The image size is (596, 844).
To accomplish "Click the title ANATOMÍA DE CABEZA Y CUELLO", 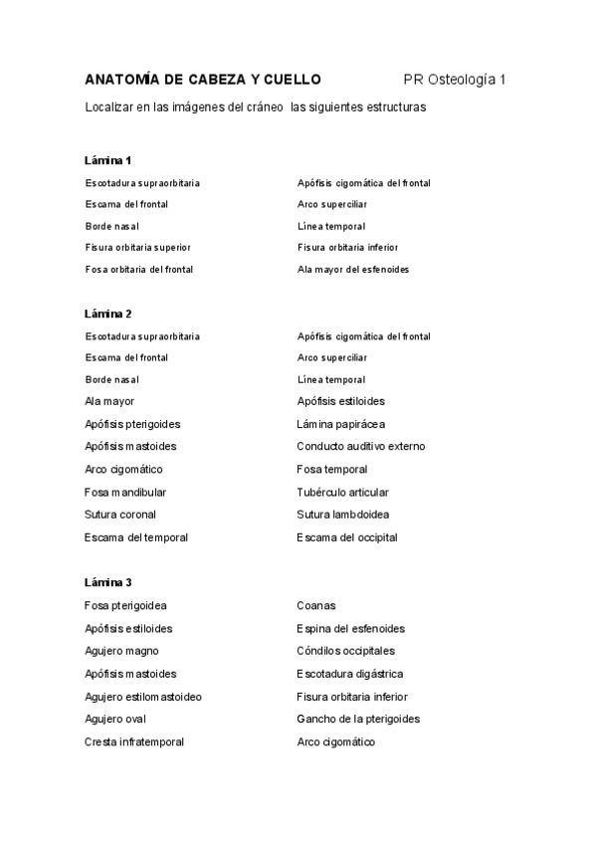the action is (x=203, y=79).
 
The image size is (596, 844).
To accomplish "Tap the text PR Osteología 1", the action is (x=455, y=79).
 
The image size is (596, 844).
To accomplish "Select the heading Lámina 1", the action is (x=108, y=160).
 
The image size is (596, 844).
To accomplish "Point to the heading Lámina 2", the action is (x=108, y=314).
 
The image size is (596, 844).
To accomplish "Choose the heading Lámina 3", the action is (x=108, y=581).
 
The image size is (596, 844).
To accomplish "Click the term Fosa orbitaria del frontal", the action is (x=139, y=269).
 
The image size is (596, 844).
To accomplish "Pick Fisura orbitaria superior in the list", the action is (x=138, y=247).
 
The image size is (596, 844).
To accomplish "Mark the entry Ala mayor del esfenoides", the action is (x=352, y=269).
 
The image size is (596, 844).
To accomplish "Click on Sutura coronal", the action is (x=120, y=515).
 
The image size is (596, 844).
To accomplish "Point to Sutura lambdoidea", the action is (x=342, y=515).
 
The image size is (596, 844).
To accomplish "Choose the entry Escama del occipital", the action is (x=346, y=537).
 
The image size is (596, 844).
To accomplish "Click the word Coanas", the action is (x=316, y=605).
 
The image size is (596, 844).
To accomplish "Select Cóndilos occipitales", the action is (x=345, y=651).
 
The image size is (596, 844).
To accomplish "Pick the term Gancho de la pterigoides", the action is (x=358, y=719).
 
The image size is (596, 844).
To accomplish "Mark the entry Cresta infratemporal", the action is (x=134, y=741).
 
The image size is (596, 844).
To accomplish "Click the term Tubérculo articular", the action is (x=342, y=492).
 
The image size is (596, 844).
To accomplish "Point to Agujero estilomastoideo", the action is (x=143, y=697).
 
